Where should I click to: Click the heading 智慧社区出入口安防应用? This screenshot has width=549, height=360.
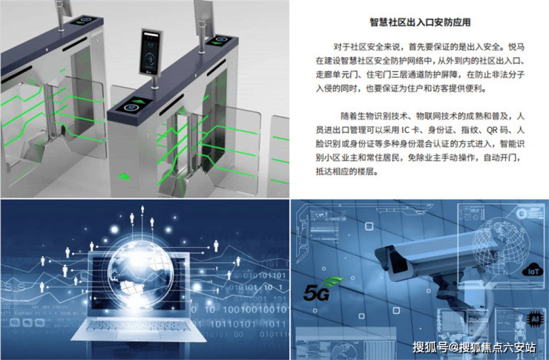(420, 22)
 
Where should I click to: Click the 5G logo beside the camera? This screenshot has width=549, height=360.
(321, 289)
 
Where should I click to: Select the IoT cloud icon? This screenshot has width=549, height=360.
(533, 269)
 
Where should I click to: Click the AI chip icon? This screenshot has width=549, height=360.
(535, 318)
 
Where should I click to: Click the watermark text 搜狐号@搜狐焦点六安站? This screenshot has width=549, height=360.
(474, 347)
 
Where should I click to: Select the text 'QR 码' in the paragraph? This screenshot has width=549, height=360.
(497, 130)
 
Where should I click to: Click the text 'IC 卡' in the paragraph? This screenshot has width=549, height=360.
(410, 130)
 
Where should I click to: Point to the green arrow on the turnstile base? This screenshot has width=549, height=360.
(124, 177)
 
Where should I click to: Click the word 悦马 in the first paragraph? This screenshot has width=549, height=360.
(516, 47)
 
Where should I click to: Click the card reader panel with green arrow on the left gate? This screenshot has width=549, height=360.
(82, 20)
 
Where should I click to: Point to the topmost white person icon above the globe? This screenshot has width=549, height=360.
(142, 209)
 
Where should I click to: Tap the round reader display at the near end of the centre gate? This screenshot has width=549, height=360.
(131, 108)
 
